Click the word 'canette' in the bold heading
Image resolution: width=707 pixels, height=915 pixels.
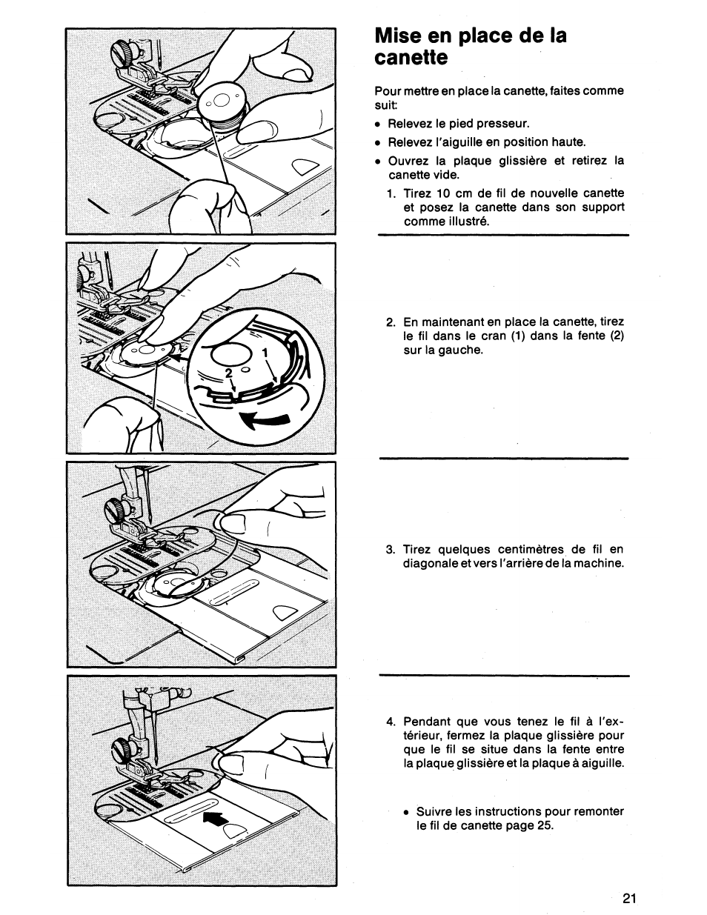click(x=411, y=58)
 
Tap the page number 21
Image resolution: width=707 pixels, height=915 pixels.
click(x=630, y=899)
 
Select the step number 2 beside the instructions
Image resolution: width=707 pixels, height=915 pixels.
click(x=390, y=322)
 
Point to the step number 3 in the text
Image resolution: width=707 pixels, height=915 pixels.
click(x=390, y=550)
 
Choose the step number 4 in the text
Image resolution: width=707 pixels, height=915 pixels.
click(x=390, y=722)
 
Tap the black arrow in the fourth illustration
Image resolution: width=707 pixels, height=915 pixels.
click(x=213, y=819)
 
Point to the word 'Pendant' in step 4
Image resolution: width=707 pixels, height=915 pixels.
click(x=425, y=722)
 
